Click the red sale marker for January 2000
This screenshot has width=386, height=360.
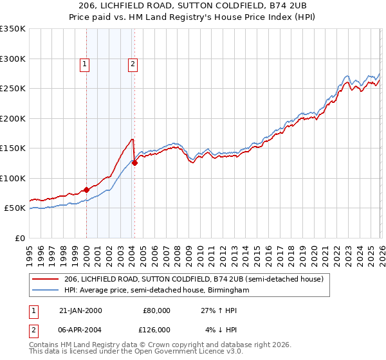coord(86,190)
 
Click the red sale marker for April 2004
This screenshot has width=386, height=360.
coord(134,163)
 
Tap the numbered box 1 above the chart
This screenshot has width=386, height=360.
coord(85,63)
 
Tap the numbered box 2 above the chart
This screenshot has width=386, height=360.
coord(133,63)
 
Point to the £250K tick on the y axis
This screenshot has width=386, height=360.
coord(13,89)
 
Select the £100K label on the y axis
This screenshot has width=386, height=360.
coord(13,178)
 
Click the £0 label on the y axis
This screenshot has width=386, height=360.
coord(19,238)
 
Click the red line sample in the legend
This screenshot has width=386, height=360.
coord(46,279)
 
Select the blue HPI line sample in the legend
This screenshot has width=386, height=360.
coord(46,291)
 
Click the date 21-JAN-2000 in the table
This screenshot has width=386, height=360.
coord(80,310)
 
